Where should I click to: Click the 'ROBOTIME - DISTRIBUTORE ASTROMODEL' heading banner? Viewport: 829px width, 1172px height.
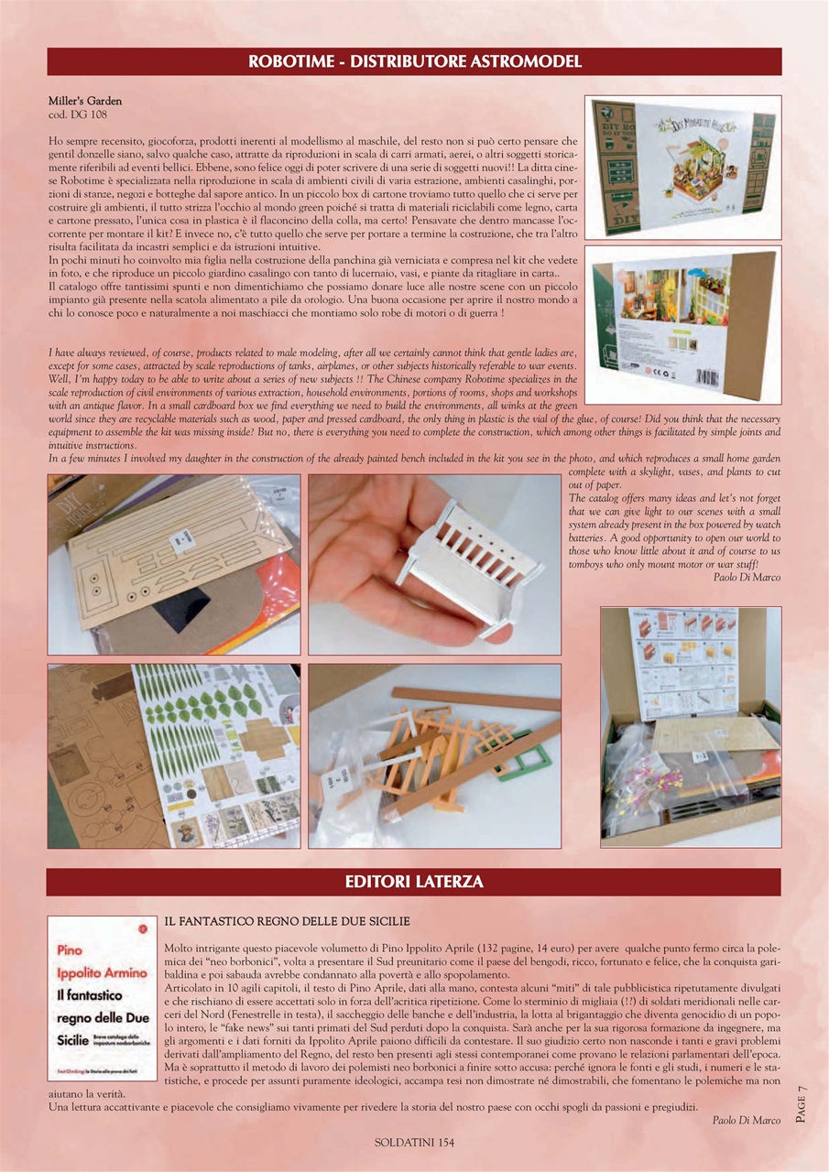(x=414, y=62)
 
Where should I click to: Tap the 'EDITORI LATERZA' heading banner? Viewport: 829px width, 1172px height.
(x=414, y=883)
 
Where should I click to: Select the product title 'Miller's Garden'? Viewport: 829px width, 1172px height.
(x=85, y=101)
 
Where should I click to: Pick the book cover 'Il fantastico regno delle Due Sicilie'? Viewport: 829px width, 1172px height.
(x=102, y=997)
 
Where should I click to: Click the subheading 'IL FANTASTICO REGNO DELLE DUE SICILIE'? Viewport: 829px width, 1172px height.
(x=287, y=920)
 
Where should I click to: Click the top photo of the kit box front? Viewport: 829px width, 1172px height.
(x=682, y=166)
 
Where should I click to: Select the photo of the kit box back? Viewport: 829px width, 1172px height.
(x=682, y=324)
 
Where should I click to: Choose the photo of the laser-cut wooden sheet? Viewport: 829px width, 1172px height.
(x=174, y=564)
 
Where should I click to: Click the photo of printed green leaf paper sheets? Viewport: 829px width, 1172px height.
(x=174, y=755)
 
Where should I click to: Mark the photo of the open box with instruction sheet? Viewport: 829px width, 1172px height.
(x=691, y=726)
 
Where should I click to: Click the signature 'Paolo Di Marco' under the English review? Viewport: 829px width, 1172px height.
(x=747, y=577)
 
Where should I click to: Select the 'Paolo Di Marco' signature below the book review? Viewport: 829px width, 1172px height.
(x=747, y=1120)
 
